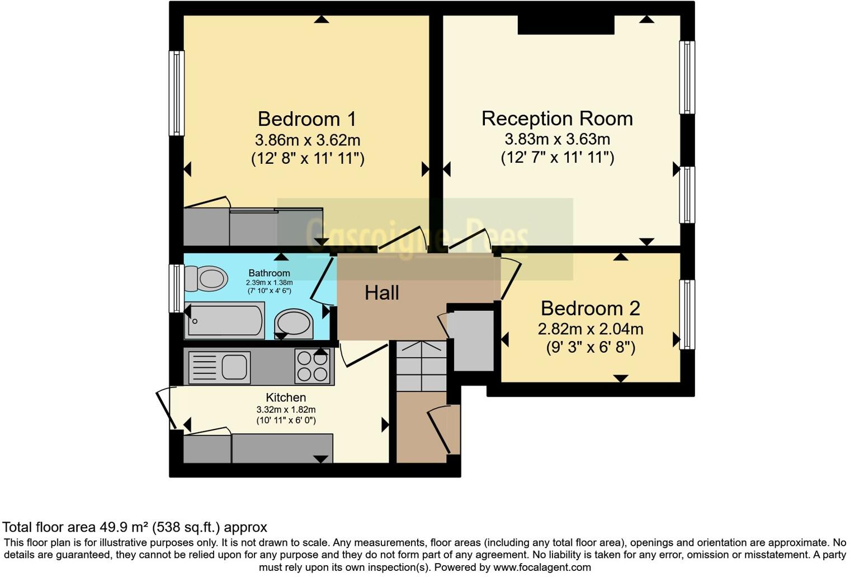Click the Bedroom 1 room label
point(306,119)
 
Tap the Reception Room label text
point(557,119)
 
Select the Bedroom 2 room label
point(590,308)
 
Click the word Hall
point(382,292)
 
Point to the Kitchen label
point(286,398)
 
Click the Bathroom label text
point(269,273)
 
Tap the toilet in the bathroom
point(206,278)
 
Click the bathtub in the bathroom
point(225,320)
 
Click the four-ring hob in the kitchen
point(313,366)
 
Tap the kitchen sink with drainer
point(219,367)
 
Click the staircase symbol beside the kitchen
point(421,366)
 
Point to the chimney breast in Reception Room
point(565,25)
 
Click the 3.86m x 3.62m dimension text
point(307,140)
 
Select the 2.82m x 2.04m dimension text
point(590,329)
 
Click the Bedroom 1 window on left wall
point(177,93)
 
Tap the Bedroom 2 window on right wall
point(687,315)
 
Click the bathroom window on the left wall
point(177,288)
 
